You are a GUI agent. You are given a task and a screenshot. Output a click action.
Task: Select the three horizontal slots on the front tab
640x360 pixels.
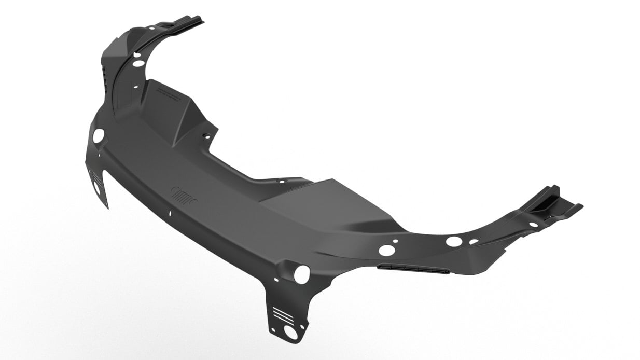tap(282, 314)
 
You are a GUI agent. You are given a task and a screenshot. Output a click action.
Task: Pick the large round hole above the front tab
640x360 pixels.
tap(301, 274)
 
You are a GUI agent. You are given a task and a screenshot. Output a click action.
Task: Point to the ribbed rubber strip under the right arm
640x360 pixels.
tap(412, 268)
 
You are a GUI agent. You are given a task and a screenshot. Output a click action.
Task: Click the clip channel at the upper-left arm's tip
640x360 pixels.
tap(182, 24)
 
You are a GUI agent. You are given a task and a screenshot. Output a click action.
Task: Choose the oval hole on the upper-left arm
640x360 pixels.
tap(138, 63)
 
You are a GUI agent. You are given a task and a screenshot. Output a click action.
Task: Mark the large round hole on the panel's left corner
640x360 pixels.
tap(98, 136)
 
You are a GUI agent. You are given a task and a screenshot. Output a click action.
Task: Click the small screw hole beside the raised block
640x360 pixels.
tap(206, 136)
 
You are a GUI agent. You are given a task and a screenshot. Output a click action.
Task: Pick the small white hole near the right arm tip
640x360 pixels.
tap(533, 225)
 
